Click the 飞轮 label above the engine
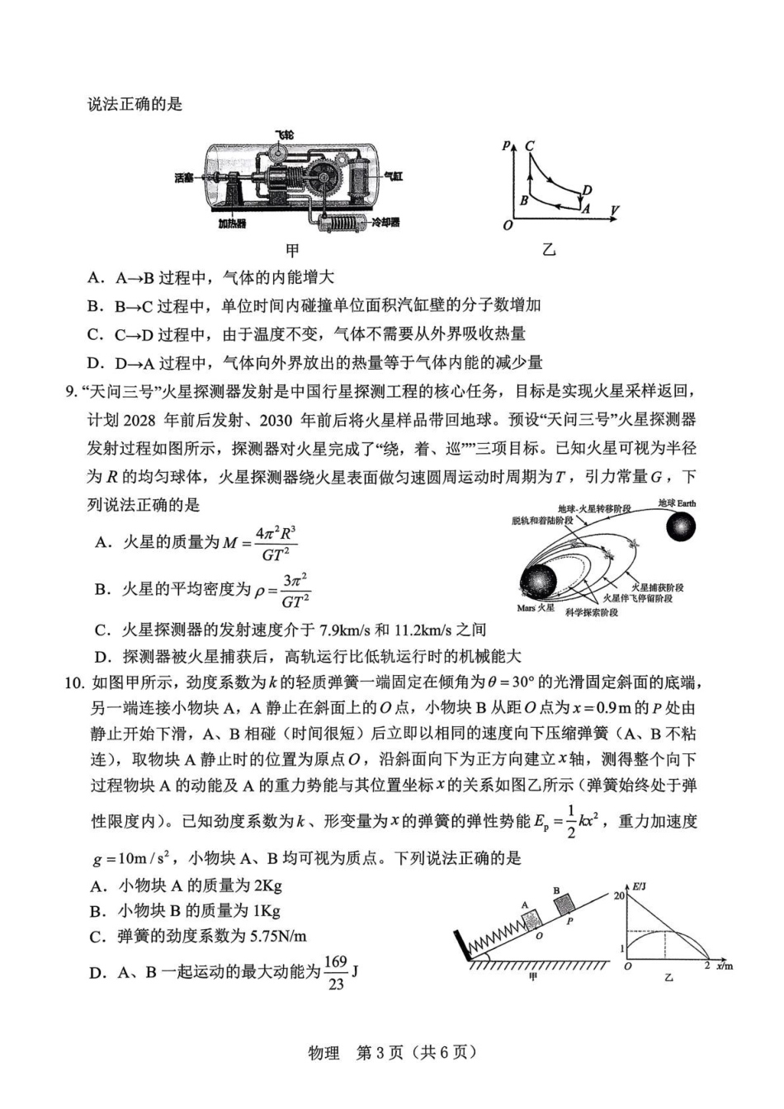(284, 134)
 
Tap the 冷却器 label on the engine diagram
(385, 223)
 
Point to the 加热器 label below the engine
(233, 224)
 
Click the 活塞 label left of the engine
(185, 178)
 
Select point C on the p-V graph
(529, 146)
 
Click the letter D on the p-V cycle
(587, 191)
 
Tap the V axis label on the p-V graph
(614, 212)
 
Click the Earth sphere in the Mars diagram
(680, 526)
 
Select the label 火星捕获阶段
(657, 588)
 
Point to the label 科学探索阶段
(592, 612)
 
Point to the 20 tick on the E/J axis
(619, 895)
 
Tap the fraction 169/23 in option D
(335, 973)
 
